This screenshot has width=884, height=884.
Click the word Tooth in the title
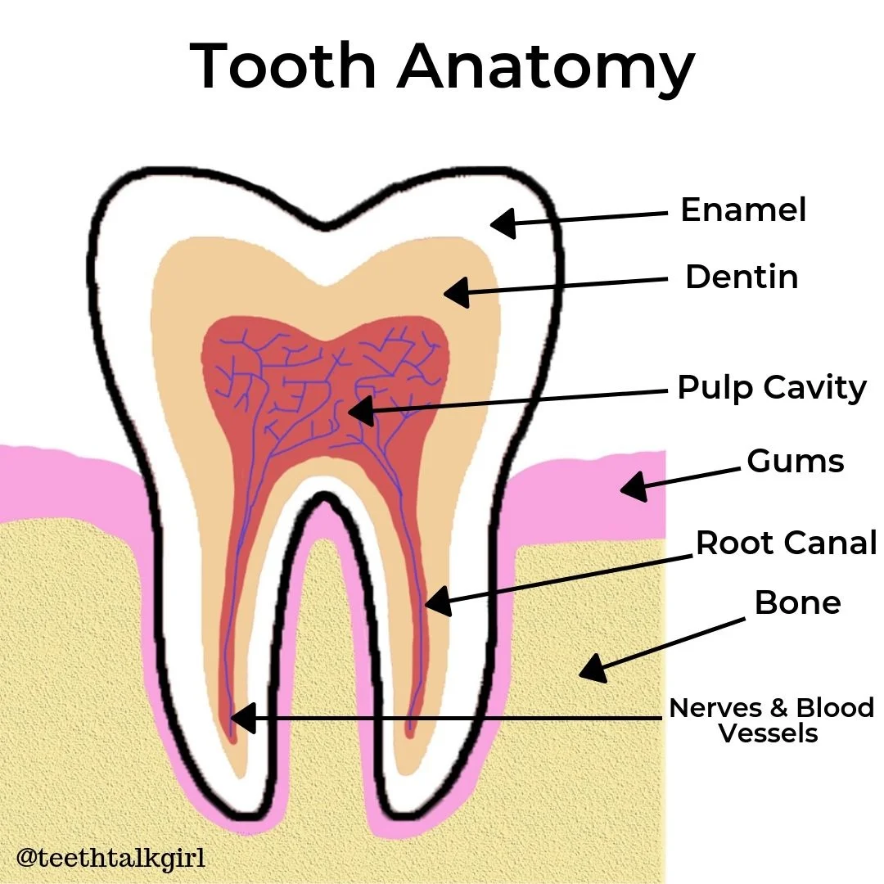tap(282, 65)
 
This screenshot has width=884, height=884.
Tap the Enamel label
tap(743, 210)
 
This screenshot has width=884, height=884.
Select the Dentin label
tap(742, 277)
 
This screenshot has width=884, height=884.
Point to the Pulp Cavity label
tap(771, 387)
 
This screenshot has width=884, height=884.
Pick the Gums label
tap(795, 461)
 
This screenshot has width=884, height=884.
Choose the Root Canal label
tap(786, 542)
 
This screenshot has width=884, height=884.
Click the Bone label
tap(797, 602)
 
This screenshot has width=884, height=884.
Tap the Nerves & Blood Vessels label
tap(771, 719)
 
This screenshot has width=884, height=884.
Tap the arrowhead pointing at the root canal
tap(438, 602)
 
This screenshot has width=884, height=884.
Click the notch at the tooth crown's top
tap(325, 223)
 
